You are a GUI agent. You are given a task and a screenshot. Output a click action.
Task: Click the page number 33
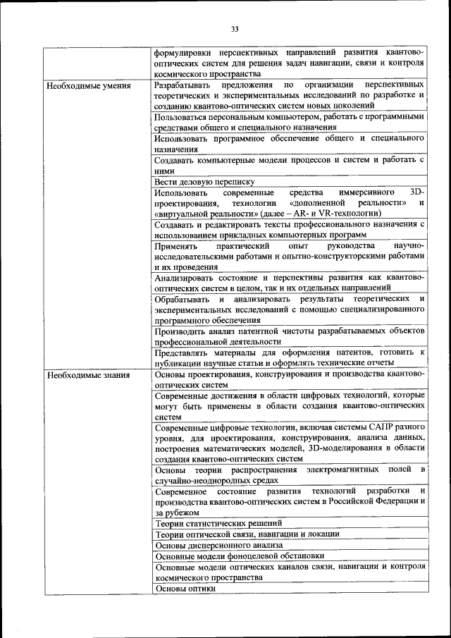[x=235, y=29]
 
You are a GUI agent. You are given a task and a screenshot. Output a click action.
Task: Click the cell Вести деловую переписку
[x=199, y=181]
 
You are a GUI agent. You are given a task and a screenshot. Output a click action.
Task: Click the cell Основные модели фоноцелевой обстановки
[x=240, y=556]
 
